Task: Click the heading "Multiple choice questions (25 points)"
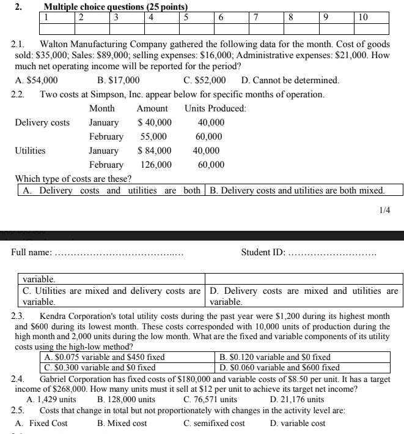coord(107,7)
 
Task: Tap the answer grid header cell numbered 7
coord(259,17)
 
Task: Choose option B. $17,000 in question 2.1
coord(118,80)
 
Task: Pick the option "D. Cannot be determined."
coord(290,80)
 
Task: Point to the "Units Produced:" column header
coord(215,108)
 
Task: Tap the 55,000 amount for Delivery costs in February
coord(153,137)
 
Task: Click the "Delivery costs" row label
coord(42,122)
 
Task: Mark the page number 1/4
coord(384,210)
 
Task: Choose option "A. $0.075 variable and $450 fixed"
coord(103,357)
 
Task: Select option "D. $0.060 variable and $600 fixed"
coord(279,367)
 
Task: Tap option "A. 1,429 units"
coord(51,399)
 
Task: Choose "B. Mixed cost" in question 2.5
coord(122,423)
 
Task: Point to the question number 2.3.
coord(18,316)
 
